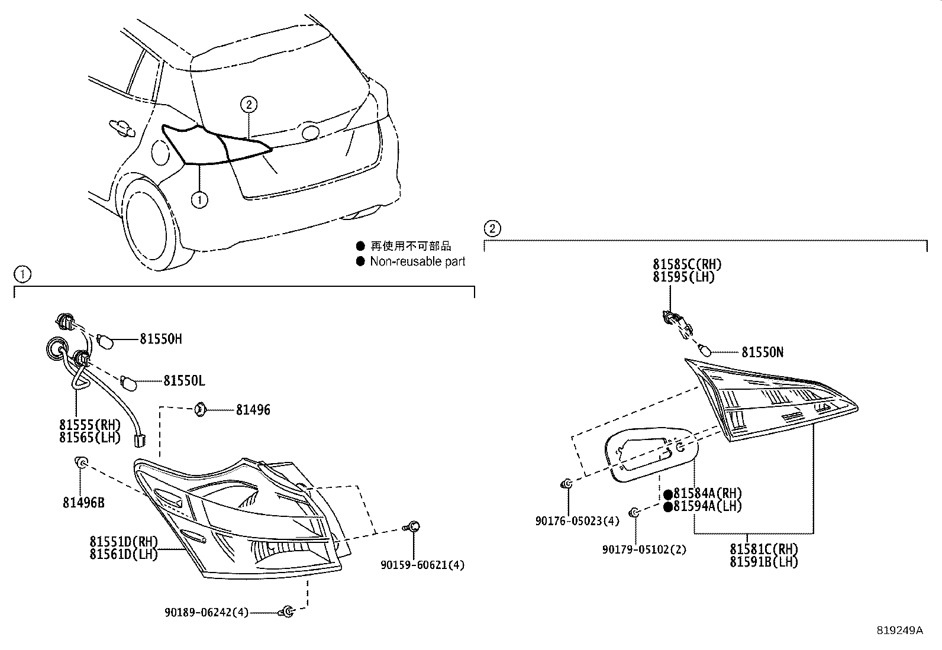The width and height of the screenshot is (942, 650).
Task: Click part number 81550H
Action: pos(160,339)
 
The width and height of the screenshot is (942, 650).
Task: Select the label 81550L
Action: pos(184,381)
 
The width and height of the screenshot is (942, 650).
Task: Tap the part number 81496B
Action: pos(83,503)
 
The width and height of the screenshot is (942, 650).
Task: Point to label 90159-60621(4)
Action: pos(422,565)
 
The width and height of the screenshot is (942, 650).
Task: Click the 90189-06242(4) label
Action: pos(207,613)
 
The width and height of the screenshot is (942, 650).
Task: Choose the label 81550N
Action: pos(762,353)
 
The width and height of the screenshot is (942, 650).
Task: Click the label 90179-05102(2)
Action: pos(644,549)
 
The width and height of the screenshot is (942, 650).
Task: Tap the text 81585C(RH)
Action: pos(687,264)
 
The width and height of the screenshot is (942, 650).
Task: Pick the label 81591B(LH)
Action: pos(763,562)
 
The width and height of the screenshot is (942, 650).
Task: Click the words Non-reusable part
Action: pos(417,261)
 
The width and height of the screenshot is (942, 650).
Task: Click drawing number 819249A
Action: pos(899,630)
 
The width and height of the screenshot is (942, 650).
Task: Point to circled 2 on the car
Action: pos(249,105)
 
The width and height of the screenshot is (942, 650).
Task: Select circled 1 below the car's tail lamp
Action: pos(200,200)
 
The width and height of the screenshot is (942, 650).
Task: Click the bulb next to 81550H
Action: pos(104,341)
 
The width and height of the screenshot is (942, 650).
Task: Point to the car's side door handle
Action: pos(121,126)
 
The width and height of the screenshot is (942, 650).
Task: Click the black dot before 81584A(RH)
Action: pos(667,494)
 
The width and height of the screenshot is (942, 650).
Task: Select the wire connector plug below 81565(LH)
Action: pos(140,440)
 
